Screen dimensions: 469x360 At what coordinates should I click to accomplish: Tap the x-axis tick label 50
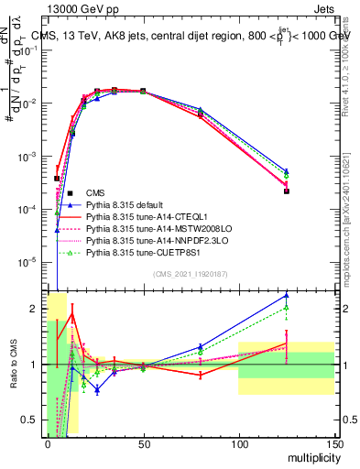[143, 443]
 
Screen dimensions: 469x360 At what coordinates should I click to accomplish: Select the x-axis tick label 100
[238, 443]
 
